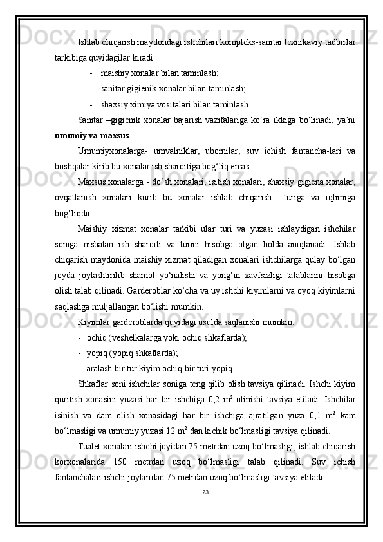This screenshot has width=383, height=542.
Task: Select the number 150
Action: pyautogui.click(x=139, y=462)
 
